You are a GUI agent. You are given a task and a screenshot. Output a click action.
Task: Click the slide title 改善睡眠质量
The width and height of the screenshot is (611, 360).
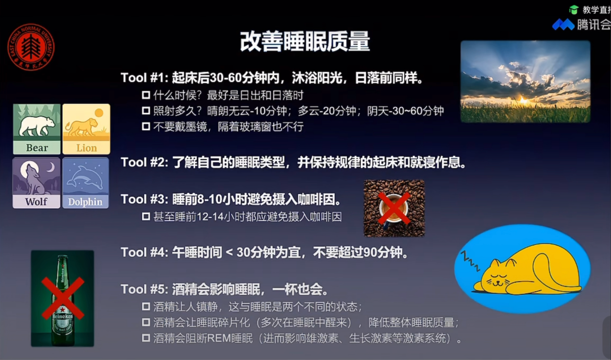pos(305,41)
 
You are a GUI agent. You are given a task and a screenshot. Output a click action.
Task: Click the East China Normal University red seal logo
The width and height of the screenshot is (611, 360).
pos(31,47)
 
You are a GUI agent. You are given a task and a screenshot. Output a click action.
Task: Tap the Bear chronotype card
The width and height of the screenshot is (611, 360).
pos(37,129)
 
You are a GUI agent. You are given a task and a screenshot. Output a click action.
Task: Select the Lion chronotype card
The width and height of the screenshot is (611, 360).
pos(86,129)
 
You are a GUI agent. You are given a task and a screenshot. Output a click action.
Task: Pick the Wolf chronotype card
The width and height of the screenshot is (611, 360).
pos(37,183)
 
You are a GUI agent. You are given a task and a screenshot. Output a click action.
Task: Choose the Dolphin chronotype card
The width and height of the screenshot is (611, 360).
pos(85,183)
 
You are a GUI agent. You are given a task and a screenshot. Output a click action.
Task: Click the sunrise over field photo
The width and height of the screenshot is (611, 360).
pos(525,81)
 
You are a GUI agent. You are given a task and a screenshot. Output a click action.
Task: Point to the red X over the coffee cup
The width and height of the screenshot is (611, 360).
pos(394,208)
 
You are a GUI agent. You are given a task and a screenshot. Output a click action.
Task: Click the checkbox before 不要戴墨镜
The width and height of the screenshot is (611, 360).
pos(146,126)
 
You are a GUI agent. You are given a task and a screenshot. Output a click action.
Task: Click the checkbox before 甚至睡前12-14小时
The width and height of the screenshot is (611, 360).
pos(146,217)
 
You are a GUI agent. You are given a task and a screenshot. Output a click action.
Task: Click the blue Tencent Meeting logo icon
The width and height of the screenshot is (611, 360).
pos(563,25)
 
